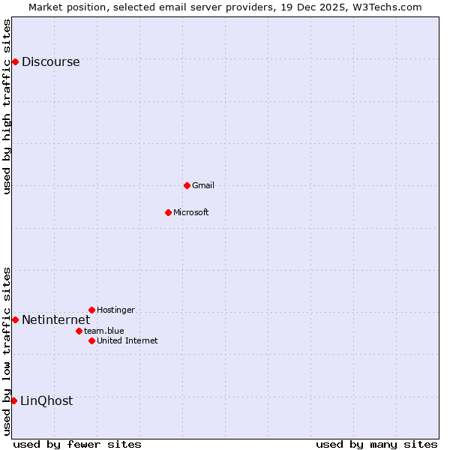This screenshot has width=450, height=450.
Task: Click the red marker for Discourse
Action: tap(15, 61)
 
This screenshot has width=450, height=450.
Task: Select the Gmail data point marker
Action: tap(187, 185)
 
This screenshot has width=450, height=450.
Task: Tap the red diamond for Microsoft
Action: tap(168, 212)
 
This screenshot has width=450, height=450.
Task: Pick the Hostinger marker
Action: tap(91, 310)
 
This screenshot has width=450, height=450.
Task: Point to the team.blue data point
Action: tap(79, 331)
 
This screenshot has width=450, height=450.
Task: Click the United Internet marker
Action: tap(91, 340)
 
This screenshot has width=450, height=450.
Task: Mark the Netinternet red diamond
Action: tap(15, 319)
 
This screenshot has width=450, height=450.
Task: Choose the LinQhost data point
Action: tap(13, 400)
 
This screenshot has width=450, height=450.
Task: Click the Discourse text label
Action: tap(50, 62)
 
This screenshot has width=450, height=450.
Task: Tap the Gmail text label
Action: tap(203, 185)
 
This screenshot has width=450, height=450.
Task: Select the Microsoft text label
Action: tap(191, 212)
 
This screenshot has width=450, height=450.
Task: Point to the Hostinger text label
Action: tap(115, 310)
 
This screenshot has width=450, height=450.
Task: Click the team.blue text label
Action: tap(104, 331)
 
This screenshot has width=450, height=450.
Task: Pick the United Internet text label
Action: tap(127, 340)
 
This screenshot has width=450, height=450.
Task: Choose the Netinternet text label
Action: tap(55, 320)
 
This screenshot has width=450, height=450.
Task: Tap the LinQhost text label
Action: tap(46, 401)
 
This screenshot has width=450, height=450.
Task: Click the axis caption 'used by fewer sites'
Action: tap(77, 444)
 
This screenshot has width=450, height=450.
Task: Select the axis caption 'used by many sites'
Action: tap(376, 444)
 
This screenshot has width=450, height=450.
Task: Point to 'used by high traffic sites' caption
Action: tap(7, 106)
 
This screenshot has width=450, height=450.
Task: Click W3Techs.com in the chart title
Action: tap(387, 7)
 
